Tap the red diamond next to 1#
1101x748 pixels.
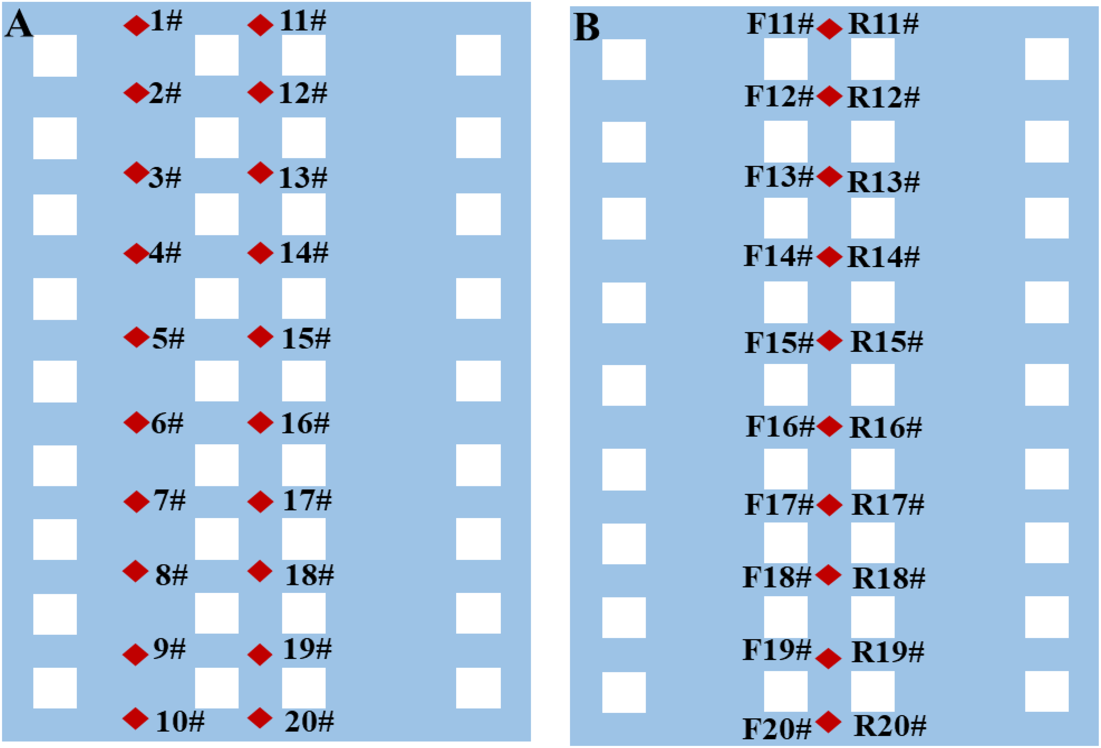tap(137, 25)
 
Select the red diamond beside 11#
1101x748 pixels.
tap(260, 25)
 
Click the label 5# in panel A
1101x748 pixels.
tap(168, 339)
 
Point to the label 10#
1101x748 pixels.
tap(180, 722)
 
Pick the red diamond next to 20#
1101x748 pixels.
tap(260, 718)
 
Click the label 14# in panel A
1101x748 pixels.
tap(304, 253)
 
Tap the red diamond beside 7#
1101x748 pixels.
tap(137, 502)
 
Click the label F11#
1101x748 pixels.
tap(780, 24)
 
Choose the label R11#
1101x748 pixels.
tap(883, 24)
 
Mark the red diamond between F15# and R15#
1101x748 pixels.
tap(829, 340)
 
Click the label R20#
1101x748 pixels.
tap(890, 726)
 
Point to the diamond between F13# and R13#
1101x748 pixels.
tap(829, 177)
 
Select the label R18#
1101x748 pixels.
tap(889, 578)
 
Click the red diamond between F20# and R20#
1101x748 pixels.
tap(828, 722)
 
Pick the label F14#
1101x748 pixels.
tap(778, 256)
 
